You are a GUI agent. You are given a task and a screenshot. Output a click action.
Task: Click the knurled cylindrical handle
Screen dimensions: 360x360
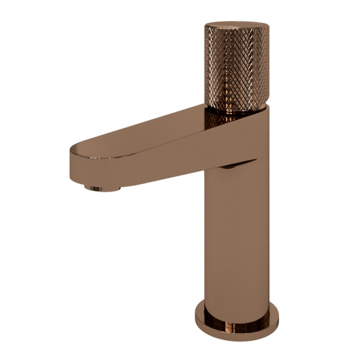pyautogui.click(x=236, y=69)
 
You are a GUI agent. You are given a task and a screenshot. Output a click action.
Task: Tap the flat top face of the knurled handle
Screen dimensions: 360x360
pyautogui.click(x=236, y=27)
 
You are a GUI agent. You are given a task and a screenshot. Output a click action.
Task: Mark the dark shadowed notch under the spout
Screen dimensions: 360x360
pyautogui.click(x=231, y=166)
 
